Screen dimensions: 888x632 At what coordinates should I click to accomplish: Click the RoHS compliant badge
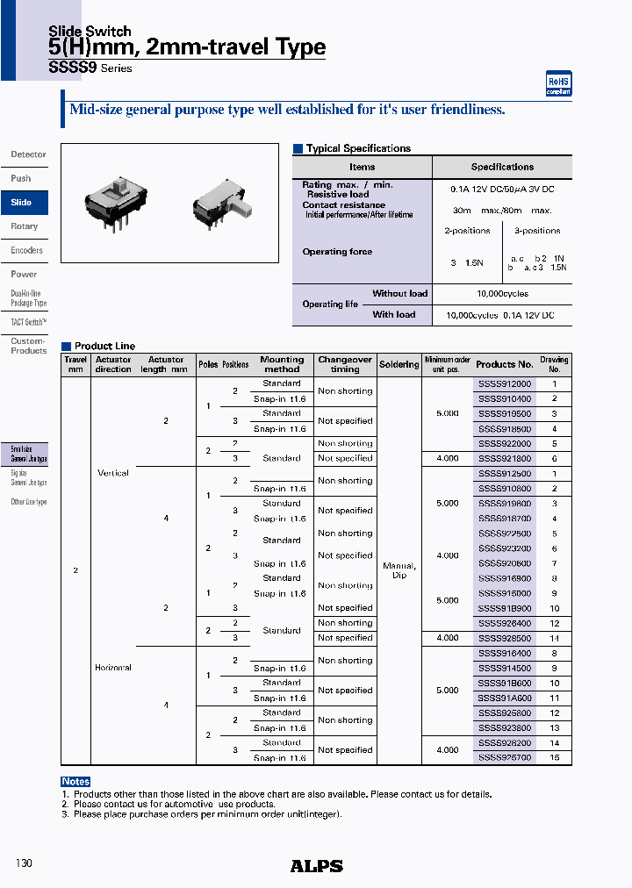pos(558,83)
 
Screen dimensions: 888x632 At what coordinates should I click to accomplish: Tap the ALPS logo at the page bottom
pos(316,866)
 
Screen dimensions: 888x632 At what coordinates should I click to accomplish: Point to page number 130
pos(24,864)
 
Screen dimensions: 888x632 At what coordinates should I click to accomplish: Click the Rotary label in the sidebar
pos(25,226)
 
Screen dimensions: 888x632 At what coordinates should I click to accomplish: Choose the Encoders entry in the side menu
pos(26,250)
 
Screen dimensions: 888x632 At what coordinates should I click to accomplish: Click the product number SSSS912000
pos(505,384)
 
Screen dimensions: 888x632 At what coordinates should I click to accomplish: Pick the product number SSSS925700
pos(505,757)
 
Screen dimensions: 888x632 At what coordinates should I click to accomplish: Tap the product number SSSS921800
pos(505,459)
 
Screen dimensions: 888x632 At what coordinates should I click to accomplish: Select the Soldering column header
pos(399,364)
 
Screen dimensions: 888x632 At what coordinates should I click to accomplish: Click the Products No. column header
pos(505,364)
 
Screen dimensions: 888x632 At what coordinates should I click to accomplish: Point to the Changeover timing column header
pos(345,364)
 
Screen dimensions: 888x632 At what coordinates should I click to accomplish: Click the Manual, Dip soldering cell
pos(399,570)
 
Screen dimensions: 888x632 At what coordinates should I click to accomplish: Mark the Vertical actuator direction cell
pos(113,473)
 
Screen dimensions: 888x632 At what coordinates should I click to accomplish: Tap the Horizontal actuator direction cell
pos(113,668)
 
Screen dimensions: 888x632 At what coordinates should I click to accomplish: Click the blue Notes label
pos(75,782)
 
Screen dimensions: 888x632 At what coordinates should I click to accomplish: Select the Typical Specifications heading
pos(358,149)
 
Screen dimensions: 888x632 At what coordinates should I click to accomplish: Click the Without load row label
pos(399,294)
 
